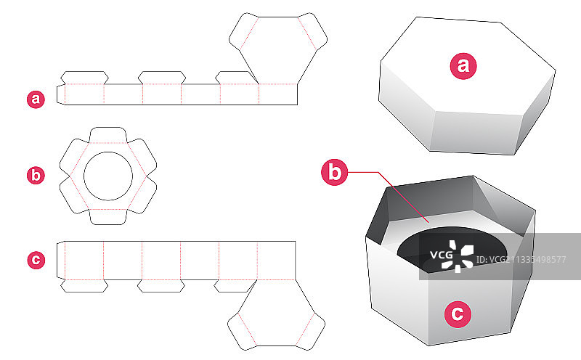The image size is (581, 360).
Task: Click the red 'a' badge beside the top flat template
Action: pos(36,99)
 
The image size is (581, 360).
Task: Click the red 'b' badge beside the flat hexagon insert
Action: pos(36,175)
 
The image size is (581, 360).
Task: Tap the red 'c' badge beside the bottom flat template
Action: pos(36,260)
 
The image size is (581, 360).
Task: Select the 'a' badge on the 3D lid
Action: pos(463,66)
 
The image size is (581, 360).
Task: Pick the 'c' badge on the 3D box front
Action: pos(458,314)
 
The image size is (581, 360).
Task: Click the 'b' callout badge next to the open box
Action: pos(335,172)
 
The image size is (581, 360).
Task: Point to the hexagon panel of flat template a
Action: pos(278,50)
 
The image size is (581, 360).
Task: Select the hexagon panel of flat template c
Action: pos(276,313)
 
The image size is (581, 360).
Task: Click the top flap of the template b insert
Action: pos(108,135)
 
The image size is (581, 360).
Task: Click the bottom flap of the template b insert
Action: pos(108,217)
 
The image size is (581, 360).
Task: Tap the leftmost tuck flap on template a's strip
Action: pos(84,78)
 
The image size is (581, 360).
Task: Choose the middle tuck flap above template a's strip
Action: pos(162,78)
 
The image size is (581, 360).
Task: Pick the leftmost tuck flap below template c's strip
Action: pos(84,285)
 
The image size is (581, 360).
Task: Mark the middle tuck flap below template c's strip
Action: pos(161,285)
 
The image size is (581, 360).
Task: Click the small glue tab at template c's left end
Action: pos(61,260)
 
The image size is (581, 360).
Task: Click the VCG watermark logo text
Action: pos(442,255)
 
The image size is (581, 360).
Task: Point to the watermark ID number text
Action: pos(521,260)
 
